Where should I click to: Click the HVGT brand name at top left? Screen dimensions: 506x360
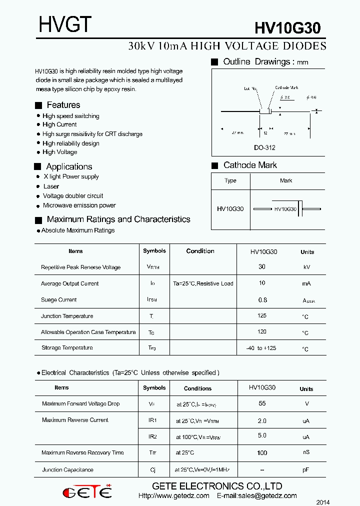tap(65, 24)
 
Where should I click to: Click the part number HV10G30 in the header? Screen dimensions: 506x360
tap(287, 28)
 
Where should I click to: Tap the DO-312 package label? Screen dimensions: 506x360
tap(264, 148)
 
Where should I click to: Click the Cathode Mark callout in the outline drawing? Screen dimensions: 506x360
tap(286, 87)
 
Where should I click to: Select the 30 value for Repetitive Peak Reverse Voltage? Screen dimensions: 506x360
tap(262, 267)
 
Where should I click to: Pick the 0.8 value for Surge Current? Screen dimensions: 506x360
tap(262, 300)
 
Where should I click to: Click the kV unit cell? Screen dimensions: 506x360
tap(307, 267)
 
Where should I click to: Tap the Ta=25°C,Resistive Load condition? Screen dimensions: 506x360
tap(203, 283)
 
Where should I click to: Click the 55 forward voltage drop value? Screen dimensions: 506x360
tap(262, 403)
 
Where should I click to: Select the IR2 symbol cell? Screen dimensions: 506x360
tap(152, 436)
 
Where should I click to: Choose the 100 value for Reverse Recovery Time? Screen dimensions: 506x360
tap(262, 453)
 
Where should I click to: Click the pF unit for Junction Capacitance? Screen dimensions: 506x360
tap(306, 470)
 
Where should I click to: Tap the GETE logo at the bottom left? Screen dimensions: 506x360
tap(87, 492)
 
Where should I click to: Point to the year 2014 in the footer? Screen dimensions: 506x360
tap(323, 502)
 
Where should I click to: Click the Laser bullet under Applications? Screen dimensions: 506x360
tap(51, 186)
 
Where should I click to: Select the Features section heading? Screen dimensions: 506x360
tap(63, 105)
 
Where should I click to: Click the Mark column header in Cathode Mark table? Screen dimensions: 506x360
tap(286, 180)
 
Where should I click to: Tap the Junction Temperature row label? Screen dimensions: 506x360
tap(67, 316)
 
